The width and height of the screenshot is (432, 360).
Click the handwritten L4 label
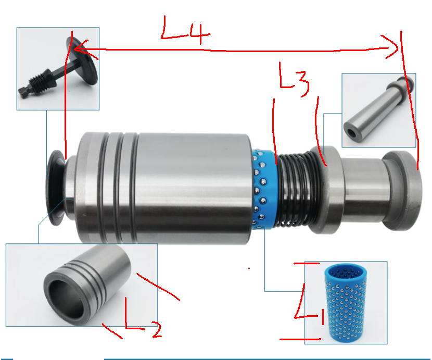pos(185,30)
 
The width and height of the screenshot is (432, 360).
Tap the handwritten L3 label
pos(294,80)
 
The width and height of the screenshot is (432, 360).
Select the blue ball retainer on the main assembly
pos(264,189)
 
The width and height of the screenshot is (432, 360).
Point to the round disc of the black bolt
pos(82,60)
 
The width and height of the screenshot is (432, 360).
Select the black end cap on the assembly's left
pos(55,188)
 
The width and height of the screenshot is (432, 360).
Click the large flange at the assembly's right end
pos(402,190)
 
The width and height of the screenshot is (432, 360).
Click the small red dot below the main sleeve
pos(249,268)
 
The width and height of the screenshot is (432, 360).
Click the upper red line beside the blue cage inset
pos(307,264)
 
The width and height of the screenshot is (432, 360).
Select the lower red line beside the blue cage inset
pos(300,339)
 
